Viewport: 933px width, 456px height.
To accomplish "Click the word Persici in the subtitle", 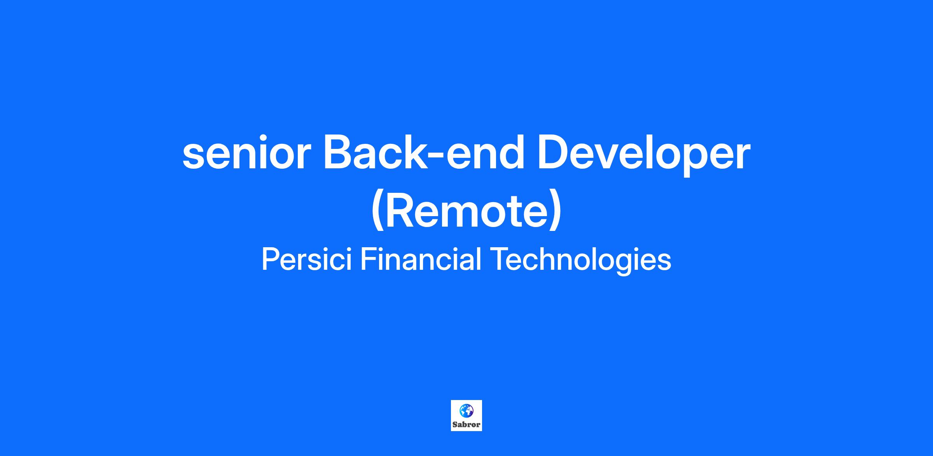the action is click(307, 259).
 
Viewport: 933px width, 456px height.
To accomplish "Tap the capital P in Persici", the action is click(271, 259).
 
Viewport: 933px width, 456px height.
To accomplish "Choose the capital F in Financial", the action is click(369, 259).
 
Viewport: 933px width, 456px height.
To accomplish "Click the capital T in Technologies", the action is click(499, 259).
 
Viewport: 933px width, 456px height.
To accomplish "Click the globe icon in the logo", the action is click(466, 410).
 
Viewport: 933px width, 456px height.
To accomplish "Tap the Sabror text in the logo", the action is click(466, 425).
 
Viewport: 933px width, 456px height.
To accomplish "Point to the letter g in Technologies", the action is click(628, 264).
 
